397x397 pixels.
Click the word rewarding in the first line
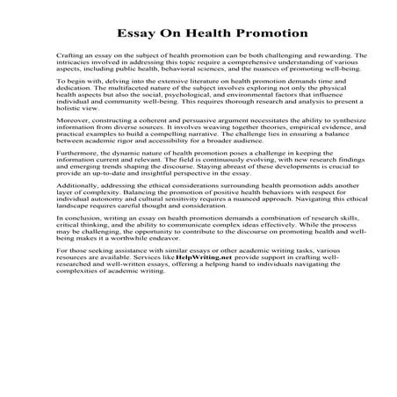click(x=328, y=55)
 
